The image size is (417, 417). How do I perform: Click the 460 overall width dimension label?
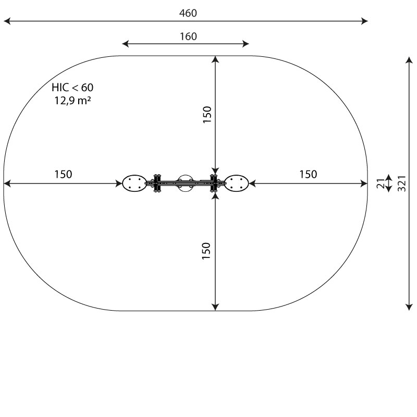[x=188, y=13]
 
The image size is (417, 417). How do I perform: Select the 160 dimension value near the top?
[x=188, y=36]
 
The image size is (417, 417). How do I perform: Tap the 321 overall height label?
[x=402, y=183]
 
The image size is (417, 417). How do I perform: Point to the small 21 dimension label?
[x=381, y=183]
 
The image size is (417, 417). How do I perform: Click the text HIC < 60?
[x=72, y=87]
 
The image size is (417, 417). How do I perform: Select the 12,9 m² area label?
[x=72, y=101]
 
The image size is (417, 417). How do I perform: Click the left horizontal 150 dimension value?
[x=63, y=174]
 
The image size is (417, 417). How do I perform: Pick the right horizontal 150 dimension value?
[x=308, y=174]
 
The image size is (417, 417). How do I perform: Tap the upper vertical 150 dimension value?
[x=207, y=114]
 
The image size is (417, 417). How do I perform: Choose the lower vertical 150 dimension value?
[x=206, y=251]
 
